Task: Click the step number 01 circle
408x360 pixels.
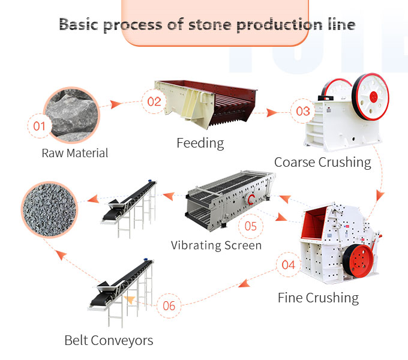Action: point(40,126)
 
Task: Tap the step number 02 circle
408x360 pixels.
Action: point(154,100)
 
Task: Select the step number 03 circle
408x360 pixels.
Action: point(303,111)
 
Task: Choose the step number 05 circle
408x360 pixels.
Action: point(250,226)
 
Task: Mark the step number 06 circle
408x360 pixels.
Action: point(169,305)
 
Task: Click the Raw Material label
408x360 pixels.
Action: point(75,153)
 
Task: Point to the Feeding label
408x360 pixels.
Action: point(200,143)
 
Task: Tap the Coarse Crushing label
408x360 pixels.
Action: point(323,162)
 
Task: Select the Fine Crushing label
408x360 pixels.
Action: point(318,298)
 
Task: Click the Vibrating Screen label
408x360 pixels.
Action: point(216,245)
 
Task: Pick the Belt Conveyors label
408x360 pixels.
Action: point(109,340)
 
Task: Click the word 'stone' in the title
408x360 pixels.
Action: point(229,25)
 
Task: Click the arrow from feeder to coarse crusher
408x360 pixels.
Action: point(277,112)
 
